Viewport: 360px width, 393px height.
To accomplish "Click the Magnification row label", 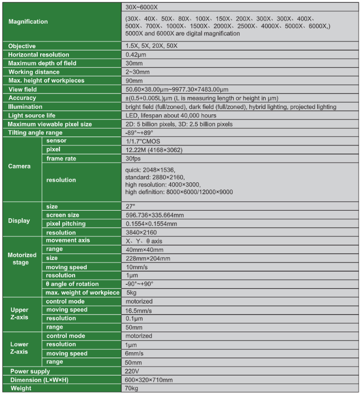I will (x=28, y=22).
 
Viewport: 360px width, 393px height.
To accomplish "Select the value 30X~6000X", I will (x=142, y=7).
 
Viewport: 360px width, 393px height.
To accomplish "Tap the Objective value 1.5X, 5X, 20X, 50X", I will (x=151, y=46).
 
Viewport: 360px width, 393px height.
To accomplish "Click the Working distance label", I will (x=34, y=72).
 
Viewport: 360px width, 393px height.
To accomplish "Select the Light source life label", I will (x=32, y=115).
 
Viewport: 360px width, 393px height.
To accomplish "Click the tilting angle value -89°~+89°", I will (x=140, y=133).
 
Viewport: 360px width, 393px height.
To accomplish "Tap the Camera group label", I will (x=19, y=166).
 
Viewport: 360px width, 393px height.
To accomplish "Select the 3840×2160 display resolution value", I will (x=141, y=232).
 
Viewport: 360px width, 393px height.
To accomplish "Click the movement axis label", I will (x=68, y=241).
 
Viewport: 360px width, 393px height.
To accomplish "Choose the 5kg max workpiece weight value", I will (x=131, y=293).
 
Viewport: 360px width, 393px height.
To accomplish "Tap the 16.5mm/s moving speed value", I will (x=139, y=310).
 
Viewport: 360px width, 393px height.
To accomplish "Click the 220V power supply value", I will (x=133, y=371).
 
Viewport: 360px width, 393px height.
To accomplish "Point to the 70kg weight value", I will (x=133, y=388).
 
